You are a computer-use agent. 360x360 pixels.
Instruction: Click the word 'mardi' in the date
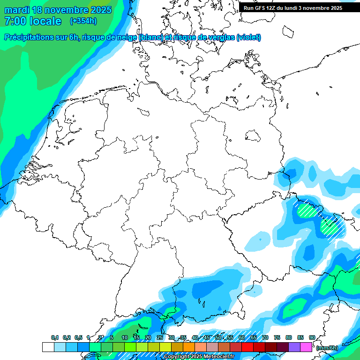17,10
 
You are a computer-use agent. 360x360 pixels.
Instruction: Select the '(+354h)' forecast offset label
84,21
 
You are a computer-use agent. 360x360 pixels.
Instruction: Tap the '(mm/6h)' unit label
328,348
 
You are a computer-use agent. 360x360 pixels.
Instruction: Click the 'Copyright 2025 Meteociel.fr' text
199,357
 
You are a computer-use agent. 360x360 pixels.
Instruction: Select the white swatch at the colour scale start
48,347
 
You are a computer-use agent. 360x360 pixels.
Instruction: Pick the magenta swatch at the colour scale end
306,347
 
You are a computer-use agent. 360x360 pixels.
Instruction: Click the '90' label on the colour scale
312,337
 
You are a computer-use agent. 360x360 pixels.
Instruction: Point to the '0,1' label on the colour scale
55,337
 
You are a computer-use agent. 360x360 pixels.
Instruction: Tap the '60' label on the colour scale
241,337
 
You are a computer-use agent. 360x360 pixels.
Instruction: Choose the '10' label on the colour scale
124,337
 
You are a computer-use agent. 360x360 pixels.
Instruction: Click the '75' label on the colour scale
277,337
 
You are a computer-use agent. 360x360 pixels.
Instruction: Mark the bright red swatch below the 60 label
247,347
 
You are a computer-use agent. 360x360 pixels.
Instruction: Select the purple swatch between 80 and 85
294,347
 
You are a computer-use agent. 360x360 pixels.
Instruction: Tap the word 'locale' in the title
46,21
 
